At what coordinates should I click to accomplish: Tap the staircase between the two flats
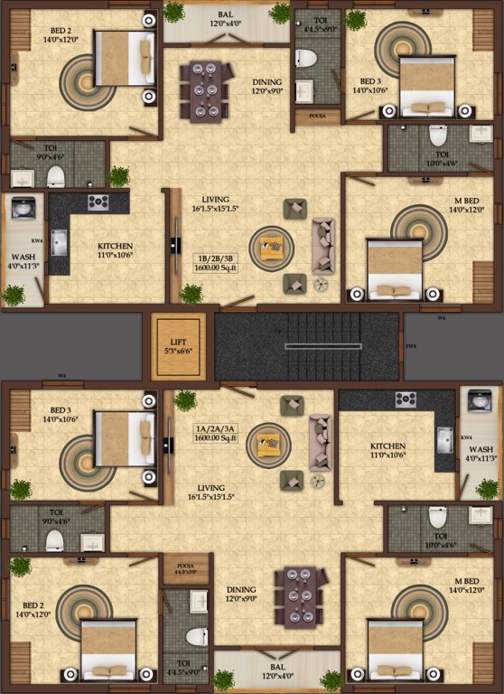click(307, 347)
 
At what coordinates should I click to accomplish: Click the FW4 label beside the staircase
click(411, 346)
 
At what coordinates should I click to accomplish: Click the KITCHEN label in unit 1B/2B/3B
click(116, 246)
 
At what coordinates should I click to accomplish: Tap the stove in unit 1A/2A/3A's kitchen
click(406, 399)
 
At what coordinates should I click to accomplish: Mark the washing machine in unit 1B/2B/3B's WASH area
click(23, 207)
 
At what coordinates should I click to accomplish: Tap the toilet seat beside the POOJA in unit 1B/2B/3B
click(306, 60)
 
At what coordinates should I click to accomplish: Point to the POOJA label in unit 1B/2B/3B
click(317, 117)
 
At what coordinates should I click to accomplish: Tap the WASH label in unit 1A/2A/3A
click(481, 449)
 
